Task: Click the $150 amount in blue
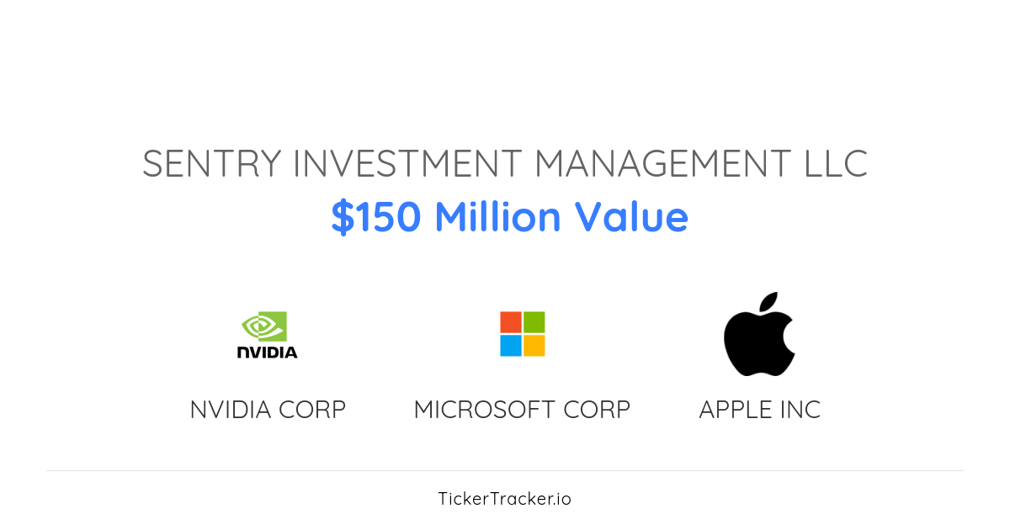pyautogui.click(x=376, y=217)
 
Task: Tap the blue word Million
pyautogui.click(x=497, y=217)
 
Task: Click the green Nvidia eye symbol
pyautogui.click(x=264, y=326)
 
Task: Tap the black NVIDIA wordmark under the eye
pyautogui.click(x=268, y=352)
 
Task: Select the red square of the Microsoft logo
pyautogui.click(x=511, y=322)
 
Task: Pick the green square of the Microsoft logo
pyautogui.click(x=534, y=322)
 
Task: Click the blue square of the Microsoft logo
pyautogui.click(x=511, y=346)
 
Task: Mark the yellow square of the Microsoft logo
pyautogui.click(x=534, y=346)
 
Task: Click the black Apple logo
pyautogui.click(x=757, y=341)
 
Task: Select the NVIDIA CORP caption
pyautogui.click(x=268, y=410)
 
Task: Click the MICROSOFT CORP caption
pyautogui.click(x=522, y=410)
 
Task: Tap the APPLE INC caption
pyautogui.click(x=759, y=410)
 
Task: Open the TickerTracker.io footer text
pyautogui.click(x=505, y=499)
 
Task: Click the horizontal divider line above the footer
pyautogui.click(x=505, y=470)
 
